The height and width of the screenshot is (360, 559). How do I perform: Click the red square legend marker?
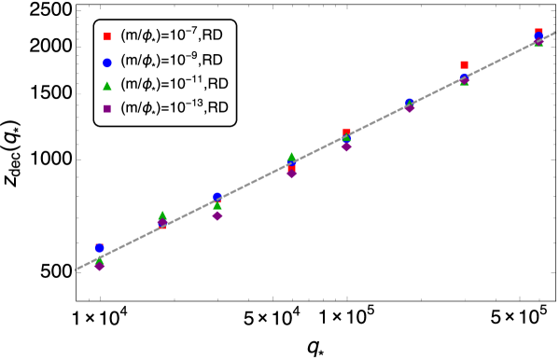click(x=107, y=37)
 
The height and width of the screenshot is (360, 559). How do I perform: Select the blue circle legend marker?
click(x=107, y=63)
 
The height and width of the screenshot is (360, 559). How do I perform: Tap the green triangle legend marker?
click(x=107, y=86)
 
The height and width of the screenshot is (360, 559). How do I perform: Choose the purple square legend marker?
click(x=107, y=109)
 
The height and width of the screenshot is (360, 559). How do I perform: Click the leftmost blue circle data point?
click(x=99, y=248)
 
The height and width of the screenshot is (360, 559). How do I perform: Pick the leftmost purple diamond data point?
click(x=99, y=266)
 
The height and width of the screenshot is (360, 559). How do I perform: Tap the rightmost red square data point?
click(x=538, y=32)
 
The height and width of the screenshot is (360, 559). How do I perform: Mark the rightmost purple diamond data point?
click(x=538, y=41)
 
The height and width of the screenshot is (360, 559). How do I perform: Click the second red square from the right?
click(x=464, y=65)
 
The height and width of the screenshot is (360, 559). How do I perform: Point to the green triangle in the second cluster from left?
click(x=162, y=215)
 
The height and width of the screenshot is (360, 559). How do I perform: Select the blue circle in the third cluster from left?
click(x=217, y=197)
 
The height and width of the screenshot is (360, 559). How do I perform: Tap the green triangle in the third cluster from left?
click(x=217, y=205)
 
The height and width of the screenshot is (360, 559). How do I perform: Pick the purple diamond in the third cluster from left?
click(x=217, y=215)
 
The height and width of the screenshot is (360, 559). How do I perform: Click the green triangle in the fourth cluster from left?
click(x=291, y=158)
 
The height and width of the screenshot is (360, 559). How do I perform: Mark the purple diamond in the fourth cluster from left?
click(x=291, y=173)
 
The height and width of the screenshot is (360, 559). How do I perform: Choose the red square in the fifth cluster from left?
click(x=346, y=132)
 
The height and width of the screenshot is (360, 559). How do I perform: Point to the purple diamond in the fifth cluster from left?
click(x=346, y=146)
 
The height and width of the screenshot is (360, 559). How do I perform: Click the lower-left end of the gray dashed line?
click(x=76, y=270)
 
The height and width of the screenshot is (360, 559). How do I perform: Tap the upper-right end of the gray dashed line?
click(x=556, y=32)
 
